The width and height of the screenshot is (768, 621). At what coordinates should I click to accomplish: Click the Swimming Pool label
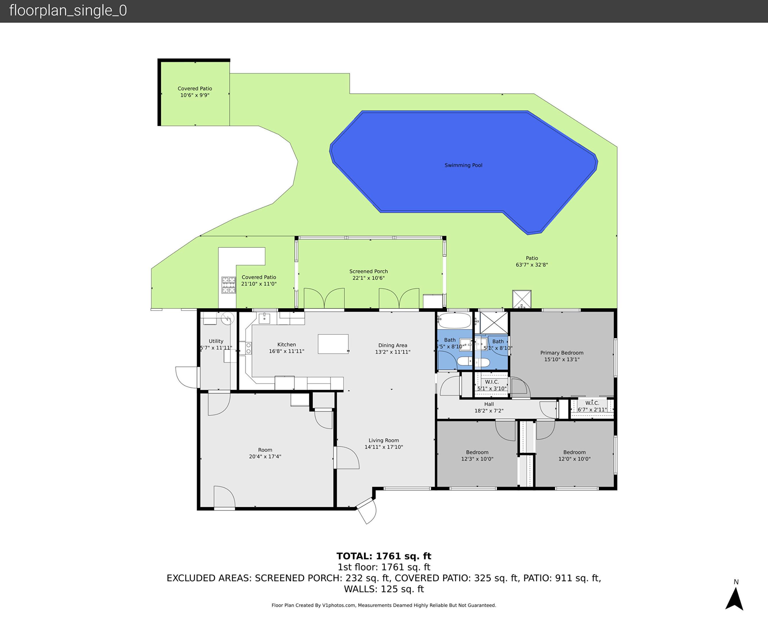point(463,165)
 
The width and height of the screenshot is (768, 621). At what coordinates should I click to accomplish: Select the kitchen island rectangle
point(333,344)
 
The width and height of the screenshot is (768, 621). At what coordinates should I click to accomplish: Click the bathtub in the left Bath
point(454,321)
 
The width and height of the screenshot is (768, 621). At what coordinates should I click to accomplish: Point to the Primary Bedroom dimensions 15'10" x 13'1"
point(562,359)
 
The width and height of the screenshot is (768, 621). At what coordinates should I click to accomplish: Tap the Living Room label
point(384,440)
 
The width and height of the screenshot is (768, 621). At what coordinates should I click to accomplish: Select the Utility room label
point(216,341)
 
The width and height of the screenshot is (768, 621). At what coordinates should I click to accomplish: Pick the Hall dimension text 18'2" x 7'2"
point(489,411)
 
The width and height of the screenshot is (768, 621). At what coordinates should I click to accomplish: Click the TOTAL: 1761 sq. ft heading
point(384,556)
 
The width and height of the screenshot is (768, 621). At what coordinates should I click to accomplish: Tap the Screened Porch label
point(368,271)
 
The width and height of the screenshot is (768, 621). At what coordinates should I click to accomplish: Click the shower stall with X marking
point(494,323)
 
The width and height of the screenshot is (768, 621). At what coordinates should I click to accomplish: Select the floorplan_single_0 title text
point(68,11)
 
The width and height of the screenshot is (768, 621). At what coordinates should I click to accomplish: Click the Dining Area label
point(392,345)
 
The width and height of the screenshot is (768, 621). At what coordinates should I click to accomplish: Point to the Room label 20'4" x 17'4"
point(265,453)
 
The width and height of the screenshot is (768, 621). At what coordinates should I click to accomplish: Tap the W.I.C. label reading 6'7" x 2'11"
point(592,406)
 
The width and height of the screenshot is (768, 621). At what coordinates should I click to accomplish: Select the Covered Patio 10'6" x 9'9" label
point(195,92)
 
